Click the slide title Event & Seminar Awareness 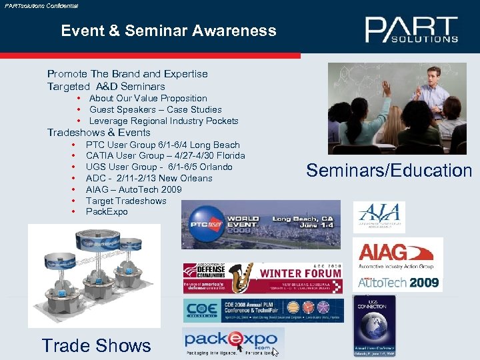(x=168, y=31)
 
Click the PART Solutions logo (x=411, y=30)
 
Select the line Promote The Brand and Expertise (x=127, y=74)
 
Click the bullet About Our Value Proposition (x=148, y=98)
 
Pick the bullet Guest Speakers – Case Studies (x=155, y=109)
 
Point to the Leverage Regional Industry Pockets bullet (x=163, y=121)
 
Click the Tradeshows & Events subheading (x=99, y=133)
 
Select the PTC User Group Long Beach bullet (x=163, y=145)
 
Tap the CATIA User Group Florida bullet (x=165, y=156)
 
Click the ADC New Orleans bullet (x=149, y=178)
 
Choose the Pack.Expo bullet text (x=106, y=211)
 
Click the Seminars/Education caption (x=389, y=171)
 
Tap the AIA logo (x=379, y=217)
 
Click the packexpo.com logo (x=233, y=343)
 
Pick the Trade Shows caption (x=97, y=345)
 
